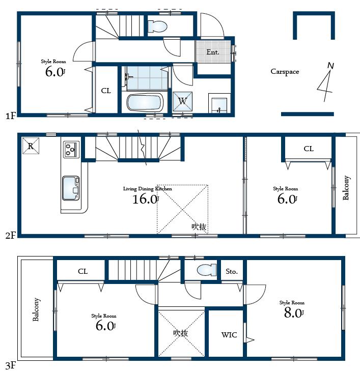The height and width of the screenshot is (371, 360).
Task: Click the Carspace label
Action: (285, 72)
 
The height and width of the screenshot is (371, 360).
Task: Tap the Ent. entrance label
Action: (212, 52)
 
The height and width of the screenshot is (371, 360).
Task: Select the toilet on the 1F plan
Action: (157, 25)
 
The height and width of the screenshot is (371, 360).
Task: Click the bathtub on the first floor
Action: (144, 103)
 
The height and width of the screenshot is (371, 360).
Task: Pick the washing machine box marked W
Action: (182, 101)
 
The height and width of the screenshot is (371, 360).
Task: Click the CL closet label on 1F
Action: (106, 91)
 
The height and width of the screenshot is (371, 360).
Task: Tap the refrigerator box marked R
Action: (31, 146)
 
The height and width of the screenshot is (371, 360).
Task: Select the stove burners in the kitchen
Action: (70, 149)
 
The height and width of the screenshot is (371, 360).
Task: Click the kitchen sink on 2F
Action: (70, 187)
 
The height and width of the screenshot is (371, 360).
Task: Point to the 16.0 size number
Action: (145, 199)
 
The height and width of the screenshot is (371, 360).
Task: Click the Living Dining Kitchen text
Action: (148, 188)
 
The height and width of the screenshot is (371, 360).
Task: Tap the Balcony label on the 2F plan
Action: (346, 188)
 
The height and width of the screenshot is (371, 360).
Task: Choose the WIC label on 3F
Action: (228, 335)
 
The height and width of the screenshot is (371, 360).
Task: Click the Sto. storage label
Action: (232, 271)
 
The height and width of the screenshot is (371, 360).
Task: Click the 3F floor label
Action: (11, 365)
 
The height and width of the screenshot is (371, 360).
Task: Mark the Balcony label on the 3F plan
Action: (36, 309)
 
